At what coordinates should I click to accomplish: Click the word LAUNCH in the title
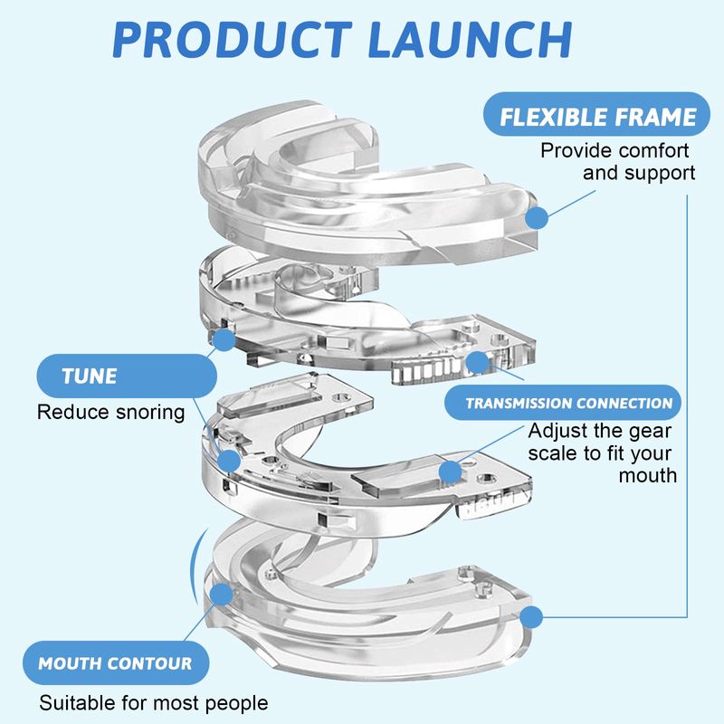click(470, 40)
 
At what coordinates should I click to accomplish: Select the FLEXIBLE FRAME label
click(599, 117)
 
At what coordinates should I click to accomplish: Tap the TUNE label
click(89, 376)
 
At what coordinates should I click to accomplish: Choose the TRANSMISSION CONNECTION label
click(569, 403)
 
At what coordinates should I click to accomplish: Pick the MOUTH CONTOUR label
click(115, 663)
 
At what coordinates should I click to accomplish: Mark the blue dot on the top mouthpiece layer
click(538, 217)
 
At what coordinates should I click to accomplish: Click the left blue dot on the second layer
click(224, 340)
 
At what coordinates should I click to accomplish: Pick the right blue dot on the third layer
click(447, 472)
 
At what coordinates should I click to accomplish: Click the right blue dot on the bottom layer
click(532, 616)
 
